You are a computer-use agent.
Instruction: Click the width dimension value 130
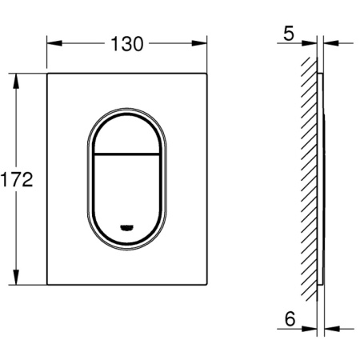pyautogui.click(x=127, y=44)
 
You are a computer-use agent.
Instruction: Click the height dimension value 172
pyautogui.click(x=16, y=180)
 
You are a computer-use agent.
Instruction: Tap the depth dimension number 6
pyautogui.click(x=290, y=318)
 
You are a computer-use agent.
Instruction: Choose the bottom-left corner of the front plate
pyautogui.click(x=47, y=285)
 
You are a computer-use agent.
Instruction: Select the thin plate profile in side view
pyautogui.click(x=321, y=180)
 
